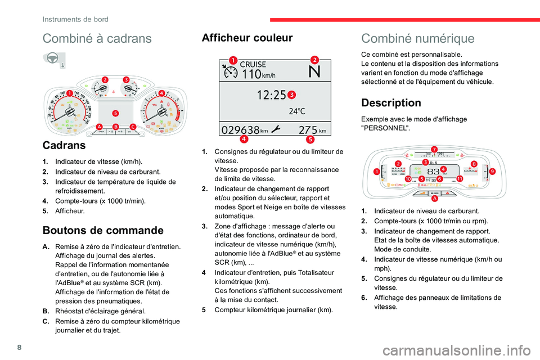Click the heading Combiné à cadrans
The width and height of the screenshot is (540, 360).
coord(97,38)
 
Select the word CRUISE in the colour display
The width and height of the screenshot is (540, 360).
coord(253,65)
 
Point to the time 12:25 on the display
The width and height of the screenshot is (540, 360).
coord(272,96)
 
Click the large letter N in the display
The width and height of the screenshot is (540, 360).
coord(314,72)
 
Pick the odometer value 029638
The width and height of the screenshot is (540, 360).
coord(241,129)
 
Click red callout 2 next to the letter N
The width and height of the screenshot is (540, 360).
coord(314,60)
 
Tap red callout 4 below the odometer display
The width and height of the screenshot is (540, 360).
coord(244,139)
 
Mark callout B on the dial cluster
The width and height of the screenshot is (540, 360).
coord(115,127)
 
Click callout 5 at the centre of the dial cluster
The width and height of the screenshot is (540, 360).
coord(115,112)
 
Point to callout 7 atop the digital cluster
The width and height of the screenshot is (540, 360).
coord(434,149)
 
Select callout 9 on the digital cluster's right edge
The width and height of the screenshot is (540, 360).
coord(492,170)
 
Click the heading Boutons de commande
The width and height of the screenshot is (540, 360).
coord(103,229)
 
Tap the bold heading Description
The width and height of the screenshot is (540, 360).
coord(391,103)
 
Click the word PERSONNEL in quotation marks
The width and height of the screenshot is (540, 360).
coord(385,128)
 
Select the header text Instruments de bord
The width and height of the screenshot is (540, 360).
coord(75,19)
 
